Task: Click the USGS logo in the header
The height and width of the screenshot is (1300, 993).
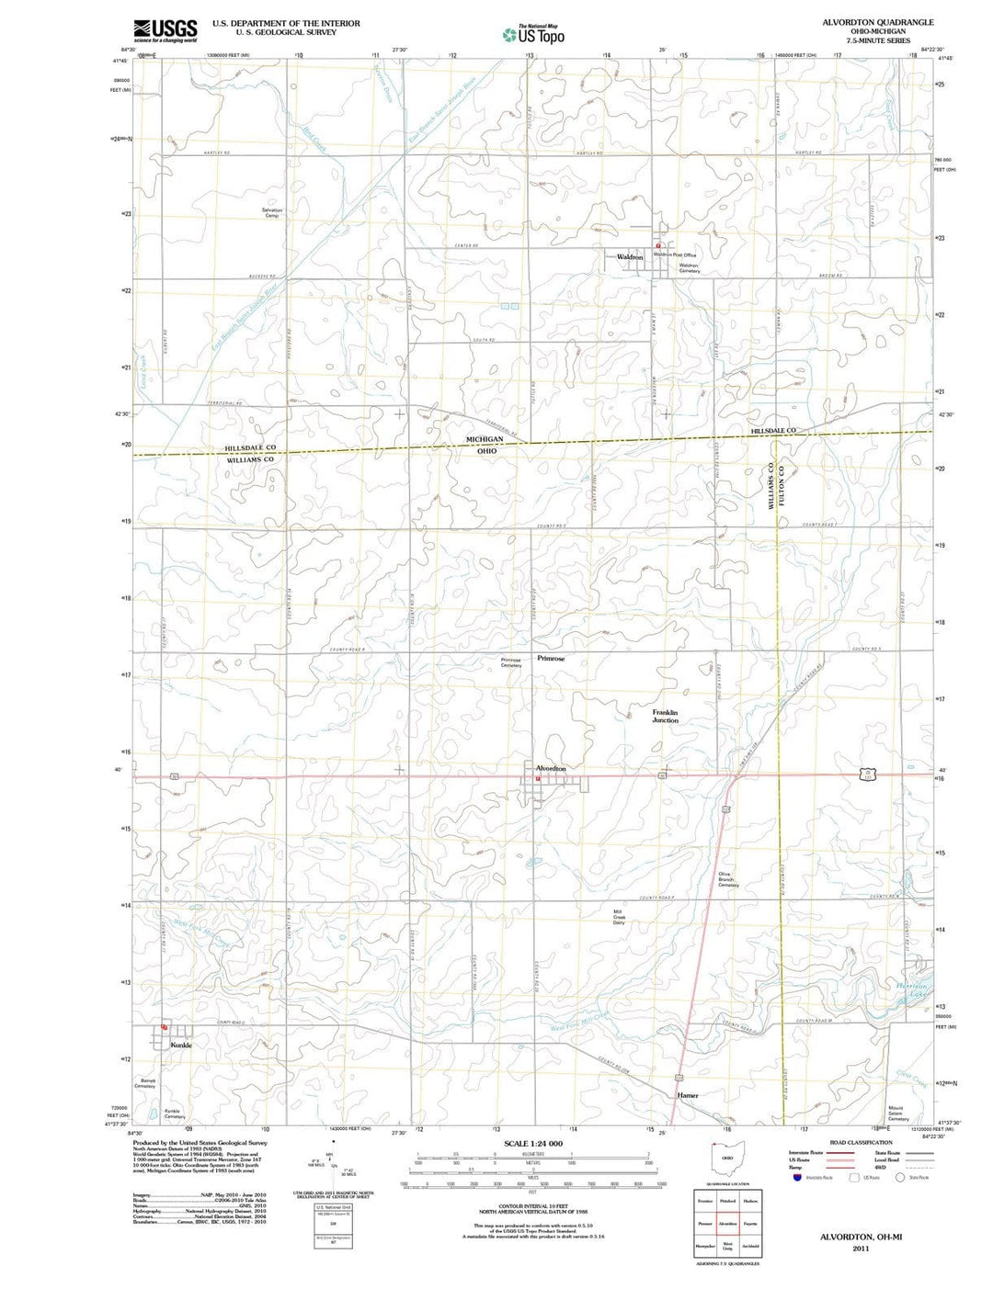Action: (x=165, y=30)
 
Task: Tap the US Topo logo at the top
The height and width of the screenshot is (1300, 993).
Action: (x=533, y=35)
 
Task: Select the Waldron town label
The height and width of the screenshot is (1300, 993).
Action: (x=630, y=257)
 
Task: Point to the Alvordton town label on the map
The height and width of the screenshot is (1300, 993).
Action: (x=551, y=768)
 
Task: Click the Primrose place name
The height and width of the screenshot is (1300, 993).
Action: (x=551, y=659)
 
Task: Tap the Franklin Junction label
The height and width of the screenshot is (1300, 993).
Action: (x=666, y=717)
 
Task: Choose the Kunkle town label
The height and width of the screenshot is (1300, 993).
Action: (x=181, y=1046)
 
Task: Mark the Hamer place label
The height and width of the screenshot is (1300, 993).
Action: (x=688, y=1095)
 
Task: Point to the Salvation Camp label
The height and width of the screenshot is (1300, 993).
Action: (x=272, y=213)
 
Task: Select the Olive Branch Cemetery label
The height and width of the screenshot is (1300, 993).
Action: (x=728, y=879)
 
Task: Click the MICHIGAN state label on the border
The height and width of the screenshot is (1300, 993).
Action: (x=484, y=440)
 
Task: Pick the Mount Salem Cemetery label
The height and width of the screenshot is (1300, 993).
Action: (x=898, y=1113)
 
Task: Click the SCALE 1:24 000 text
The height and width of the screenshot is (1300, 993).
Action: (x=533, y=1144)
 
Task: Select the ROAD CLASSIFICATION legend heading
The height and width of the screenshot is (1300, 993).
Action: (x=861, y=1143)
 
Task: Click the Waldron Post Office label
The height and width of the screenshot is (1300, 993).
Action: (x=675, y=254)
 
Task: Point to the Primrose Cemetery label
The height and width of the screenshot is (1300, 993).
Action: (x=510, y=662)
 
